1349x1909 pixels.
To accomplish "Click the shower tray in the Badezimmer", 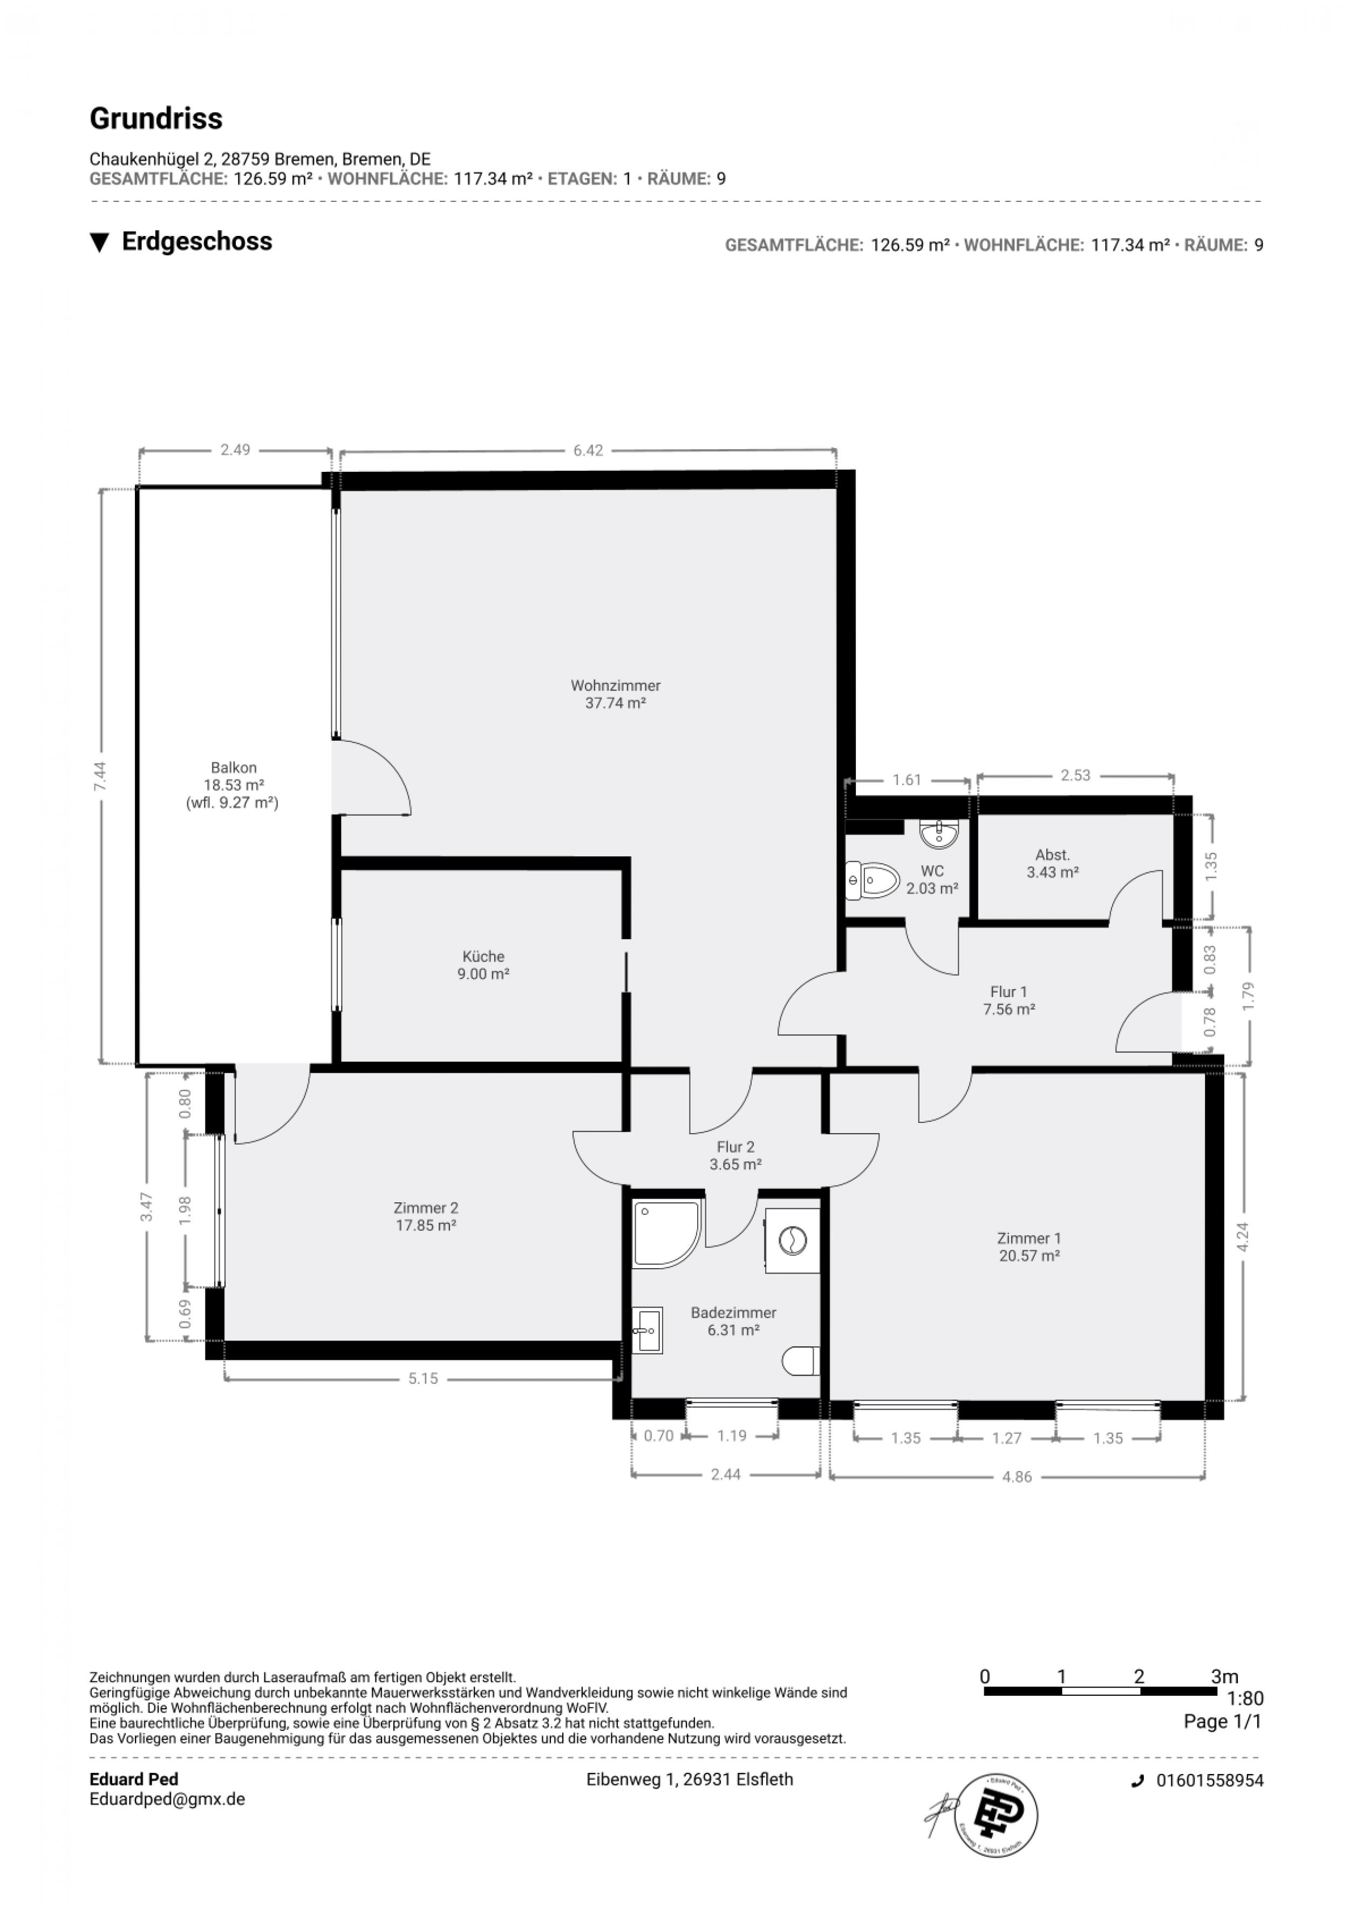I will tap(665, 1234).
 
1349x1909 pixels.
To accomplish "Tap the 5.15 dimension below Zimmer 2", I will tap(423, 1378).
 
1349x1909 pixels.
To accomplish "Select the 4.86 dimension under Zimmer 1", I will tap(1017, 1478).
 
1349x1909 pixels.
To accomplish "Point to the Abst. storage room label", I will tap(1052, 863).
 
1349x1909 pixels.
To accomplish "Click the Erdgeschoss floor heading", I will tap(196, 241).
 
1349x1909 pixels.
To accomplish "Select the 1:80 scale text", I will tap(1244, 1698).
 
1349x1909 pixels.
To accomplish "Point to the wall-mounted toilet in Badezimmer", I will tap(800, 1360).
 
